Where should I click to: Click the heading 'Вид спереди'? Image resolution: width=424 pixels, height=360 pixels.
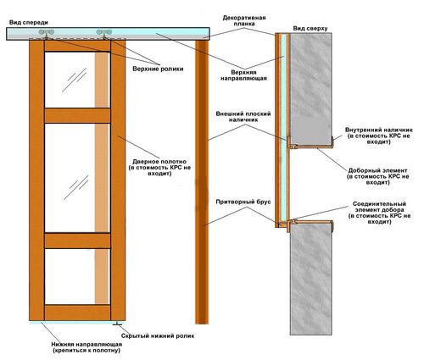tap(29, 23)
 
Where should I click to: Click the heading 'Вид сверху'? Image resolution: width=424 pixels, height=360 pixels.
tap(310, 29)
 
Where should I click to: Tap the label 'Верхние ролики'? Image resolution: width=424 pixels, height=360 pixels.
tap(158, 69)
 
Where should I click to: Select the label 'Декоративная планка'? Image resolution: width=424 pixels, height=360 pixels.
tap(244, 21)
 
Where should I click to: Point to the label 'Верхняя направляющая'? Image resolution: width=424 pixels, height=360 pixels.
tap(243, 75)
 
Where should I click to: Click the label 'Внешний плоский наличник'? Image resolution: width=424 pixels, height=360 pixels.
tap(243, 117)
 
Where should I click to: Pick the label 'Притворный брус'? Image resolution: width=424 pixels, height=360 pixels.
tap(243, 202)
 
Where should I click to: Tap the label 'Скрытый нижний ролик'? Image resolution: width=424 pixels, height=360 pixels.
tap(158, 336)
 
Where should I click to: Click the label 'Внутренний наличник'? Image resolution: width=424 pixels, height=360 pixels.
tap(379, 130)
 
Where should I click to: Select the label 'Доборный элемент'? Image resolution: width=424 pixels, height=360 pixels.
tap(377, 170)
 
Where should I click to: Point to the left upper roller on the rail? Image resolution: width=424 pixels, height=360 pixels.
tap(46, 33)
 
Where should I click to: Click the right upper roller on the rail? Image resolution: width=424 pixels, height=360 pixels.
tap(104, 33)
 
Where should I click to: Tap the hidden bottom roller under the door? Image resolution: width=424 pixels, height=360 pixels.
tap(117, 323)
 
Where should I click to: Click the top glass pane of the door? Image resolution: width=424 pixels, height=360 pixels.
tap(77, 80)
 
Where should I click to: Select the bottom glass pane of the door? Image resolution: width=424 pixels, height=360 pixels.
tap(77, 276)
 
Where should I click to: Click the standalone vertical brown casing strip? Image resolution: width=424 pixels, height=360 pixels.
tap(202, 182)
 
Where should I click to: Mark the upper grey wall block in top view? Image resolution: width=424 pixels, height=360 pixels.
tap(311, 89)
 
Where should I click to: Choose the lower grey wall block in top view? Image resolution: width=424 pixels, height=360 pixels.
tap(311, 280)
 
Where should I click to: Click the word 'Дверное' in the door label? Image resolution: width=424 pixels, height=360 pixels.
tap(145, 162)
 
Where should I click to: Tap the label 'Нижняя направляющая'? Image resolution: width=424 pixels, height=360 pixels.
tap(86, 345)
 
